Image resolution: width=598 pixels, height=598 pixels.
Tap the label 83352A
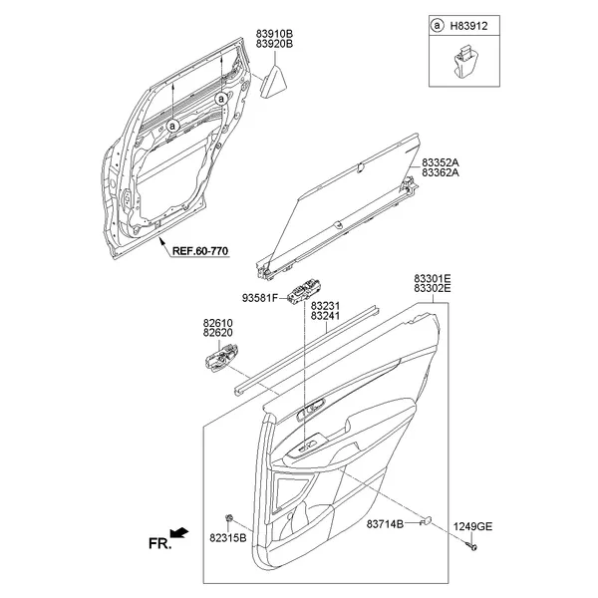click(x=440, y=161)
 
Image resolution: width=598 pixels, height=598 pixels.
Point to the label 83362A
click(x=440, y=172)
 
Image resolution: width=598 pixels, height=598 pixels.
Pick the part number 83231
click(x=325, y=306)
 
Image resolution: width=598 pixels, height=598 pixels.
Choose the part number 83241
click(x=325, y=317)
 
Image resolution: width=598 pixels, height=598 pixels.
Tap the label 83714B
click(x=384, y=524)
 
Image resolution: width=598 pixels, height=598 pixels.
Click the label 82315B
click(x=228, y=539)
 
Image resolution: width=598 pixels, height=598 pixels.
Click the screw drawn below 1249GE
click(x=471, y=544)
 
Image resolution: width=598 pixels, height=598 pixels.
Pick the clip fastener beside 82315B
click(x=230, y=519)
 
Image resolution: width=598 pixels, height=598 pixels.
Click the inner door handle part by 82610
click(x=222, y=357)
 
